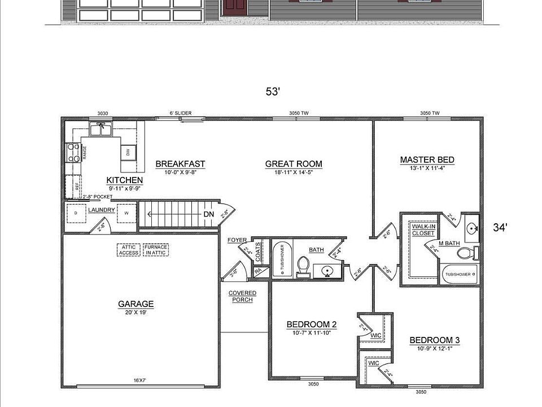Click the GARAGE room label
pyautogui.click(x=135, y=304)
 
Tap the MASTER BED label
pyautogui.click(x=427, y=160)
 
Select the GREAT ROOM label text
pyautogui.click(x=294, y=164)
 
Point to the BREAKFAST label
pyautogui.click(x=180, y=164)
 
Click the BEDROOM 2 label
pyautogui.click(x=312, y=324)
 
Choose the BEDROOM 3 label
pyautogui.click(x=434, y=340)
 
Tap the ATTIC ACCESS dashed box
pyautogui.click(x=128, y=250)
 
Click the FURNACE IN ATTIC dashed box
pyautogui.click(x=156, y=250)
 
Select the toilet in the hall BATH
pyautogui.click(x=303, y=266)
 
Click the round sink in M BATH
pyautogui.click(x=471, y=230)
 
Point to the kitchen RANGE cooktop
pyautogui.click(x=73, y=153)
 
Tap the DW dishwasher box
pyautogui.click(x=128, y=152)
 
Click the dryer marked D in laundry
pyautogui.click(x=75, y=213)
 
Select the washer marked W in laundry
pyautogui.click(x=126, y=213)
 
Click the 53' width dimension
pyautogui.click(x=273, y=92)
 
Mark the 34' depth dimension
pyautogui.click(x=500, y=227)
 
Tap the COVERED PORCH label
pyautogui.click(x=242, y=296)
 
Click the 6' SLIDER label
pyautogui.click(x=181, y=114)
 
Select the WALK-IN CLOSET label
pyautogui.click(x=423, y=230)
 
